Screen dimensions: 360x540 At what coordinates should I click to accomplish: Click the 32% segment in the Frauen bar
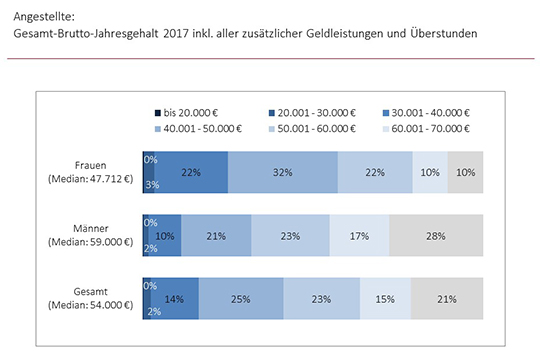(x=283, y=172)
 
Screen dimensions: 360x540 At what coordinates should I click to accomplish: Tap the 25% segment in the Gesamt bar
(x=241, y=298)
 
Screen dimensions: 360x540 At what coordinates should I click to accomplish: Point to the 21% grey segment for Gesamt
(x=447, y=298)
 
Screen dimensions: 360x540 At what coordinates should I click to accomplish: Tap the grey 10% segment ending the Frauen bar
(x=465, y=172)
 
